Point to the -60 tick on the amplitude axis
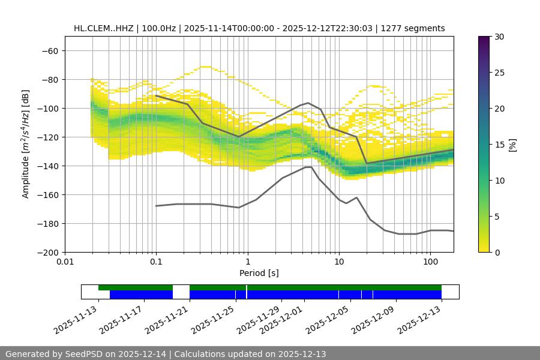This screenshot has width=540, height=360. coord(50,50)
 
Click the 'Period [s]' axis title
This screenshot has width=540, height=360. coord(259,273)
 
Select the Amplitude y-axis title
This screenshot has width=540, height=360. coord(25,144)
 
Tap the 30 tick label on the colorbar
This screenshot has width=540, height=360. coord(499,37)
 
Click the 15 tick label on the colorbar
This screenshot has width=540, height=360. coord(499,145)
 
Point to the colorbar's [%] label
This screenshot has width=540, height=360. coord(512,145)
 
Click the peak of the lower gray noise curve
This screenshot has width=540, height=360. coord(308,167)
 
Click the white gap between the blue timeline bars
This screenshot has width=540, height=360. coord(181,294)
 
